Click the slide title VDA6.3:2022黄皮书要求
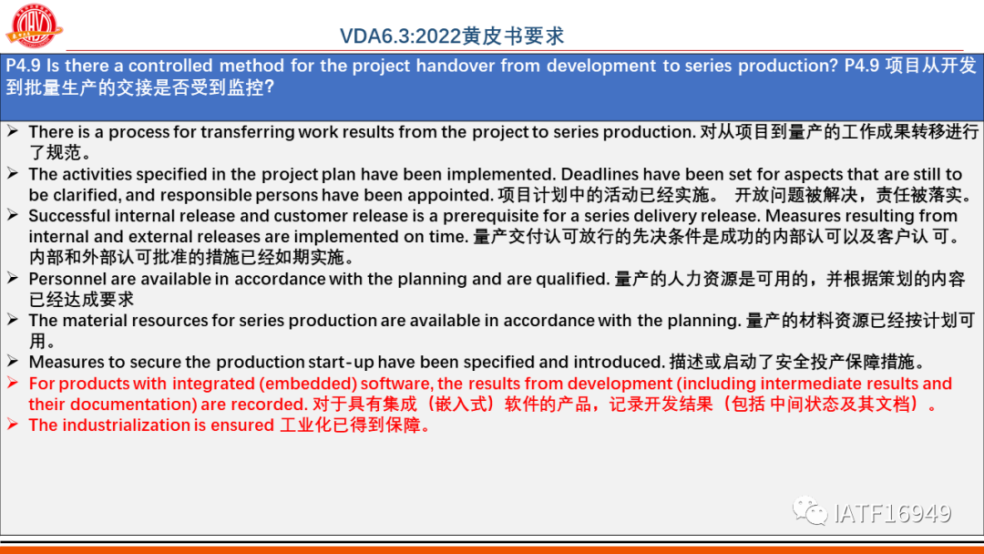pyautogui.click(x=452, y=36)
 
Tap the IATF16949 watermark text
pyautogui.click(x=893, y=513)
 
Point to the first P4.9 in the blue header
pyautogui.click(x=24, y=66)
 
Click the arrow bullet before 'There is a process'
pyautogui.click(x=13, y=132)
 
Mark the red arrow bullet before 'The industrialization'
pyautogui.click(x=13, y=425)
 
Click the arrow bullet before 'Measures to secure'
pyautogui.click(x=13, y=362)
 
